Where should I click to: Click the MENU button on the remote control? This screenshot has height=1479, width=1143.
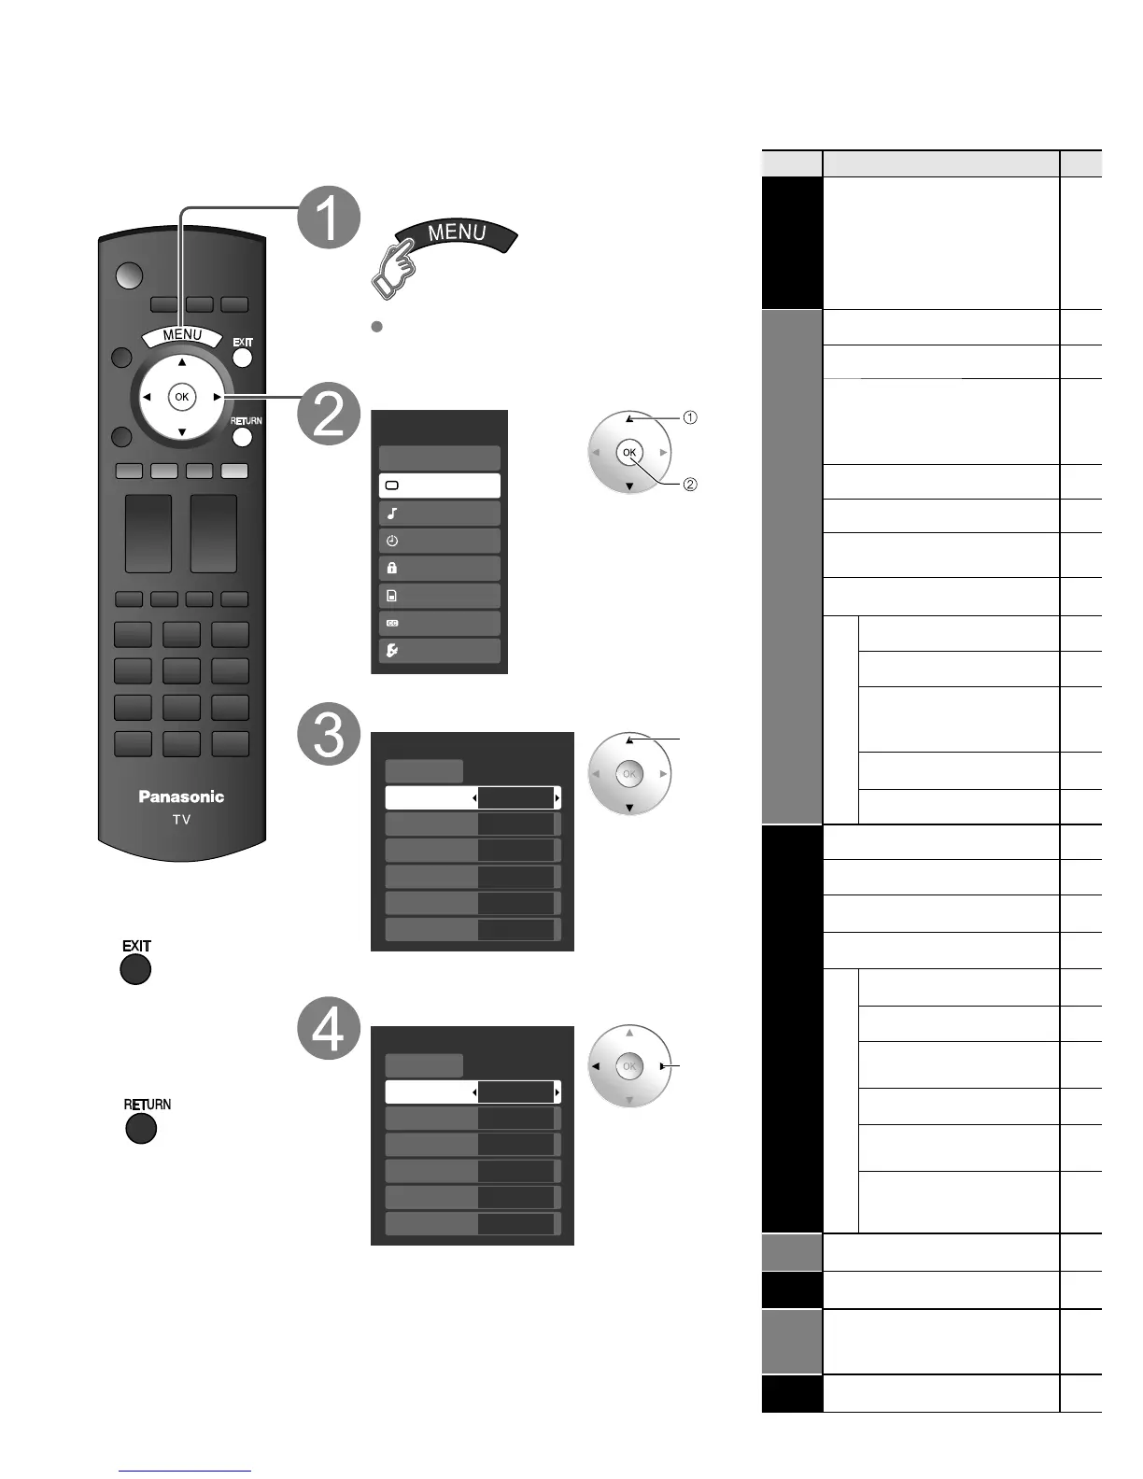[182, 336]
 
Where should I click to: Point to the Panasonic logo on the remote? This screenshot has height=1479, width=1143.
[181, 796]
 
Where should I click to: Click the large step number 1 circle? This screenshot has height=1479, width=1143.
[329, 217]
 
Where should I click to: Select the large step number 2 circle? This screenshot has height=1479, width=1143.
[329, 413]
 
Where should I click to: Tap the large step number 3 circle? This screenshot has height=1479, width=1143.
[329, 735]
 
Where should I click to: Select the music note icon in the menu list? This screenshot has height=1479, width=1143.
[392, 514]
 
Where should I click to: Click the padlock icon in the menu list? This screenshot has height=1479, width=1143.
[392, 568]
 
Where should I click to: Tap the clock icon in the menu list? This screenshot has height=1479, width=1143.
[392, 541]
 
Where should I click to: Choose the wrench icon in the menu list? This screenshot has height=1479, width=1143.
[392, 651]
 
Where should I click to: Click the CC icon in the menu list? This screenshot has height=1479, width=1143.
[392, 623]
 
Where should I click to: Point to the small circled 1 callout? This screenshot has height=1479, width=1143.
[690, 417]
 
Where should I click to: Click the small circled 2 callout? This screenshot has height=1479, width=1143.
[690, 485]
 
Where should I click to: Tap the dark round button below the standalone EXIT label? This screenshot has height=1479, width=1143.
[135, 970]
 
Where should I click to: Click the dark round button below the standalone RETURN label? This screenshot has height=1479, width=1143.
[141, 1129]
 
